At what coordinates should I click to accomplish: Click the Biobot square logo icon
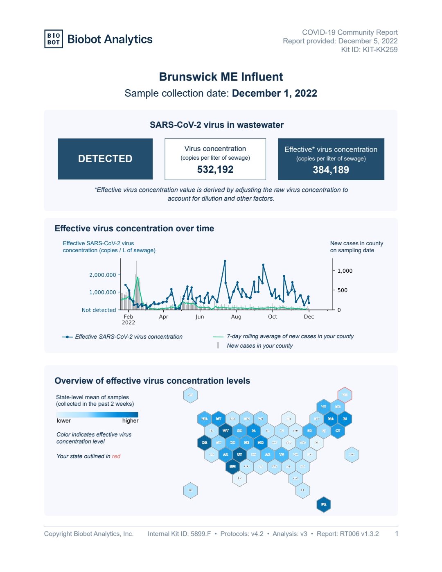pyautogui.click(x=54, y=39)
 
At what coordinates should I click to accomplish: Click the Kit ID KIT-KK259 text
pyautogui.click(x=369, y=50)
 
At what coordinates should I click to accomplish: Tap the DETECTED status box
pyautogui.click(x=105, y=159)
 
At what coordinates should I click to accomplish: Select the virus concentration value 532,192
pyautogui.click(x=215, y=170)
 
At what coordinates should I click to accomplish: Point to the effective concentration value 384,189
pyautogui.click(x=331, y=170)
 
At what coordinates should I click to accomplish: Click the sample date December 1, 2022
pyautogui.click(x=274, y=93)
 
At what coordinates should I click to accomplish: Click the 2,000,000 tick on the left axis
pyautogui.click(x=103, y=275)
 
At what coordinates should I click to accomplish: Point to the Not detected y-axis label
pyautogui.click(x=99, y=310)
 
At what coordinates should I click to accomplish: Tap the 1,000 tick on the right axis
pyautogui.click(x=345, y=271)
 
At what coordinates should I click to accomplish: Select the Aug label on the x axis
pyautogui.click(x=236, y=317)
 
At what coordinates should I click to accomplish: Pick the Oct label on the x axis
pyautogui.click(x=273, y=317)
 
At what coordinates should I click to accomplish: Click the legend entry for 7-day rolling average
pyautogui.click(x=290, y=336)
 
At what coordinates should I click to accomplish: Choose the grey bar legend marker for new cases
pyautogui.click(x=218, y=346)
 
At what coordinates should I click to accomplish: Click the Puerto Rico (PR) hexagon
pyautogui.click(x=324, y=504)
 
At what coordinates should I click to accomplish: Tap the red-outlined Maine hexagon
pyautogui.click(x=345, y=395)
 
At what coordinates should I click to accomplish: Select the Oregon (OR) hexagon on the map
pyautogui.click(x=205, y=443)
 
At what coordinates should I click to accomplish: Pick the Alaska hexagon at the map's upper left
pyautogui.click(x=190, y=395)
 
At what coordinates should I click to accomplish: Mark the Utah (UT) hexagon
pyautogui.click(x=240, y=454)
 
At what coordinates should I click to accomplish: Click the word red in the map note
pyautogui.click(x=116, y=456)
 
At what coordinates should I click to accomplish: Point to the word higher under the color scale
pyautogui.click(x=130, y=421)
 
